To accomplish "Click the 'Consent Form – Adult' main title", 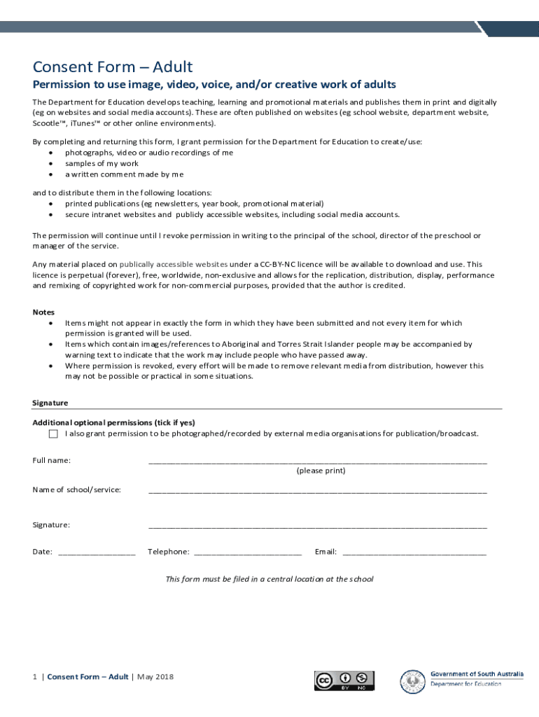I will [113, 67].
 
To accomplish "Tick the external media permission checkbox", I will [53, 434].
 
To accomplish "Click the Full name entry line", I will [317, 461].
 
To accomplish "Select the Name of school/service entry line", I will [317, 491].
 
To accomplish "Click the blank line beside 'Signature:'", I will [317, 526].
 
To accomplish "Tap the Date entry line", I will [97, 553].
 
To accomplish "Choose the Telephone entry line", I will [247, 553].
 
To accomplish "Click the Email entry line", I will [414, 553].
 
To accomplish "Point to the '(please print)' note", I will [321, 471].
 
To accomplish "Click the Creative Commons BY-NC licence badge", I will [344, 681].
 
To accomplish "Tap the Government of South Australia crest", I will [412, 681].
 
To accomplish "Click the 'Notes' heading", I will [43, 312].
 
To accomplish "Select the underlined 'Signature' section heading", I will [50, 403].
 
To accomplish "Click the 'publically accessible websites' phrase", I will [174, 265].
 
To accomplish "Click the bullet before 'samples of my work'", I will [50, 164].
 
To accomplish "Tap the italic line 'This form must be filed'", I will [269, 579].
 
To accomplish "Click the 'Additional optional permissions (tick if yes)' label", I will [113, 423].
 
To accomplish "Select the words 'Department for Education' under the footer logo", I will [465, 684].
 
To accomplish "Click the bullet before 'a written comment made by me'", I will [50, 174].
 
